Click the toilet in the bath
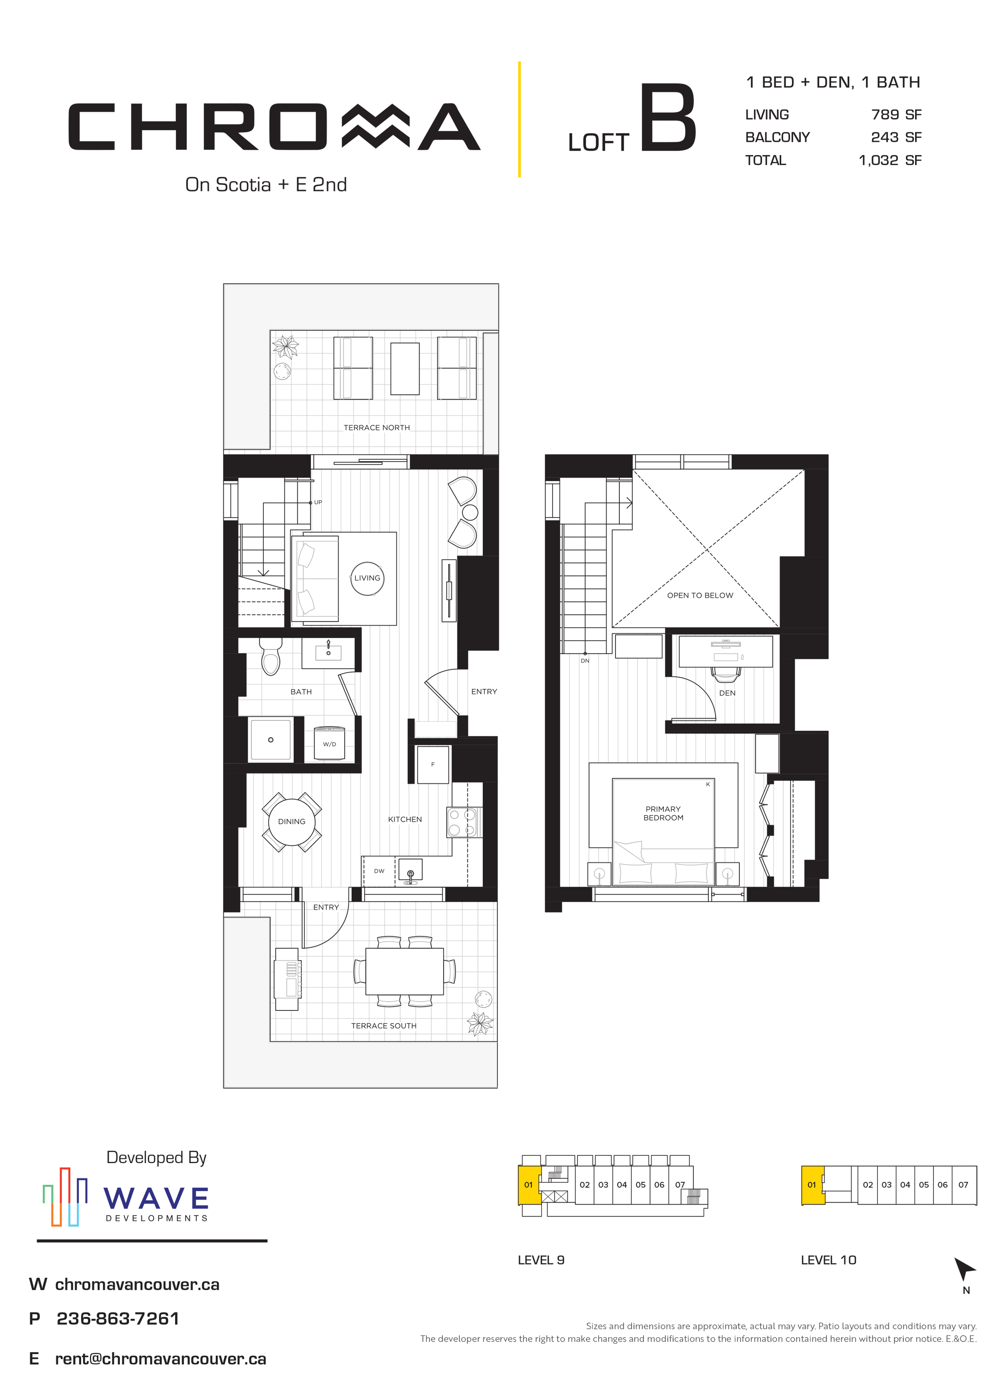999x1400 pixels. click(271, 656)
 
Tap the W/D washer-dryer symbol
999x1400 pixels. click(329, 743)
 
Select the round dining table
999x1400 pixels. click(292, 822)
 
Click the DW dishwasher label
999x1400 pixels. click(379, 871)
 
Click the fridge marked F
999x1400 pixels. click(433, 765)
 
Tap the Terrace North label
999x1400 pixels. click(376, 428)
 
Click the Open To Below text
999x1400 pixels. click(700, 595)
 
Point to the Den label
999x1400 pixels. click(727, 693)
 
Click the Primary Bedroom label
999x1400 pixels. click(663, 813)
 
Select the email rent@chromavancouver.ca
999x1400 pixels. click(161, 1359)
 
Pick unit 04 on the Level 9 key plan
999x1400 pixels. click(622, 1185)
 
